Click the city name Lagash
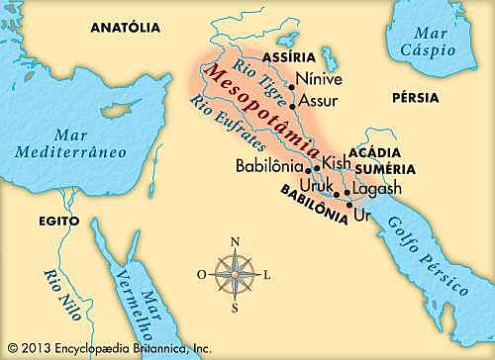point(379,191)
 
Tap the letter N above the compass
point(235,241)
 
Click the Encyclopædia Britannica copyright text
point(109,348)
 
